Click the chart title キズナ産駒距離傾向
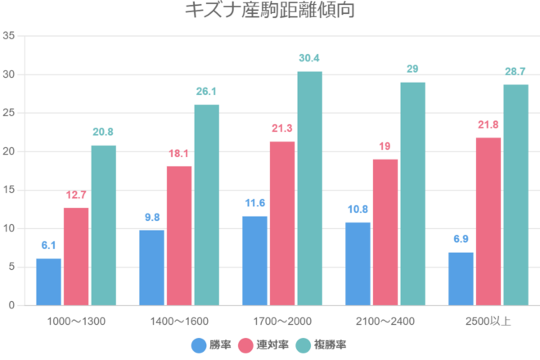(270, 11)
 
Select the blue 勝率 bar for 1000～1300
(48, 281)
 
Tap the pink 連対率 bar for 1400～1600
(179, 236)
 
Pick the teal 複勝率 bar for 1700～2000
(309, 188)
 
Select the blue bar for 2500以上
(461, 278)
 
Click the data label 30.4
(309, 58)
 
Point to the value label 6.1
(48, 245)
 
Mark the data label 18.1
(179, 152)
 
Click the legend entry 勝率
(214, 344)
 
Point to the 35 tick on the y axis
(9, 36)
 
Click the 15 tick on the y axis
(9, 190)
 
